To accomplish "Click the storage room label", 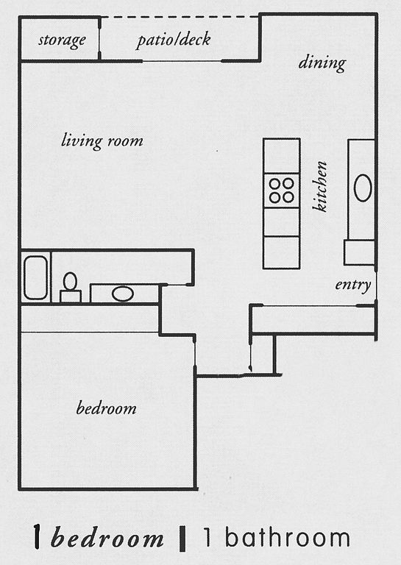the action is [x=62, y=40].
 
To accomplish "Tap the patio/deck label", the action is [x=174, y=39].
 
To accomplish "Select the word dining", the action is [x=322, y=63].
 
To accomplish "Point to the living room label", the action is [x=102, y=141].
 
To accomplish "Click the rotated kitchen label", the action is [x=320, y=186].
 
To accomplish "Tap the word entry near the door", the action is [x=352, y=285].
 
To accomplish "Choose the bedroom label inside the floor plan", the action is [x=106, y=408].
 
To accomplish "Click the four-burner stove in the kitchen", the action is [x=281, y=191].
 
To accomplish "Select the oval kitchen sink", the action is [x=363, y=188].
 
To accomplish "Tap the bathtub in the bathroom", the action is [x=35, y=277].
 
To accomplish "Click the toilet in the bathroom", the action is [x=70, y=287].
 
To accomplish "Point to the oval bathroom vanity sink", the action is [x=123, y=294].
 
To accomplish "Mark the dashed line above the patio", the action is [x=180, y=17].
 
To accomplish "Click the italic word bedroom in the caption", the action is [x=107, y=539].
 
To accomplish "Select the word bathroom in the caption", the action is [x=288, y=538].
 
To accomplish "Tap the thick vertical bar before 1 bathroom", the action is [x=182, y=539].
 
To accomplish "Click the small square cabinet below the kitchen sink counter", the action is [x=359, y=252].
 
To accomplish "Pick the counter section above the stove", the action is [x=281, y=156].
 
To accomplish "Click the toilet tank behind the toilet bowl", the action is [x=70, y=296].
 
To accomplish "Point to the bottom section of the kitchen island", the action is [x=281, y=252].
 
